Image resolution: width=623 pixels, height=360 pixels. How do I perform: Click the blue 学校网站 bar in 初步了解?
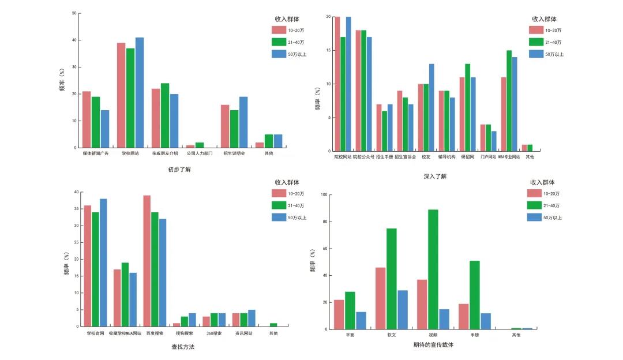coord(140,92)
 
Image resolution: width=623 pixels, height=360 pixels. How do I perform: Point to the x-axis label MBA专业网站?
coord(509,156)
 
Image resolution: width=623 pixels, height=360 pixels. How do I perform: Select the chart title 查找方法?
coord(183,347)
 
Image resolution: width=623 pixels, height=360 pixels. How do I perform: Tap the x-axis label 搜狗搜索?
coord(184,333)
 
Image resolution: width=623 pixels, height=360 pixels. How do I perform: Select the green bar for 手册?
coord(474,295)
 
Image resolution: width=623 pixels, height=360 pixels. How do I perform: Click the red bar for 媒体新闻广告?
coord(87,119)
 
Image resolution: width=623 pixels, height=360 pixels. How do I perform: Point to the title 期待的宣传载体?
coord(433,345)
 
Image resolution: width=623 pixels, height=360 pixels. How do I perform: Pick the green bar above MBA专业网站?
coord(509,102)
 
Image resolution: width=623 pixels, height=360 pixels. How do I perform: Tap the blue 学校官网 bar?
coord(103,262)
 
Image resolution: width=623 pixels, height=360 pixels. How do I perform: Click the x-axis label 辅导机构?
coord(446,156)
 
